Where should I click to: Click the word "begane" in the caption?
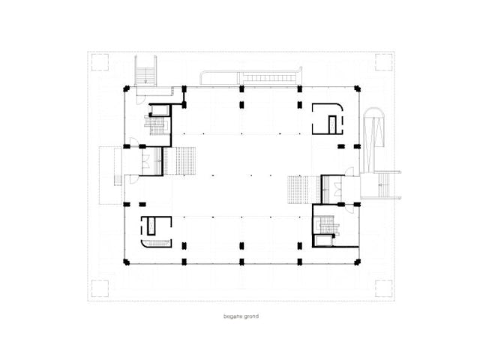pyautogui.click(x=232, y=316)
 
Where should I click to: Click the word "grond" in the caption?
pyautogui.click(x=251, y=316)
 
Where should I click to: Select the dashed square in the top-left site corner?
pyautogui.click(x=100, y=62)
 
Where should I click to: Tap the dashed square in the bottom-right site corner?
pyautogui.click(x=384, y=288)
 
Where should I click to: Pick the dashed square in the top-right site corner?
pyautogui.click(x=384, y=62)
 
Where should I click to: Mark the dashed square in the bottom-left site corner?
pyautogui.click(x=100, y=288)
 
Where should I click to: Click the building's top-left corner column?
pyautogui.click(x=126, y=89)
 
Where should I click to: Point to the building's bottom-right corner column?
pyautogui.click(x=357, y=262)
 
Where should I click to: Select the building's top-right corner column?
pyautogui.click(x=357, y=88)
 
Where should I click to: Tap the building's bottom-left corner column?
pyautogui.click(x=126, y=262)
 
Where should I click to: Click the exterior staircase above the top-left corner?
pyautogui.click(x=145, y=71)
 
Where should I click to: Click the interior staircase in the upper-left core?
pyautogui.click(x=157, y=125)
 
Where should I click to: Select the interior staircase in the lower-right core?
pyautogui.click(x=328, y=226)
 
